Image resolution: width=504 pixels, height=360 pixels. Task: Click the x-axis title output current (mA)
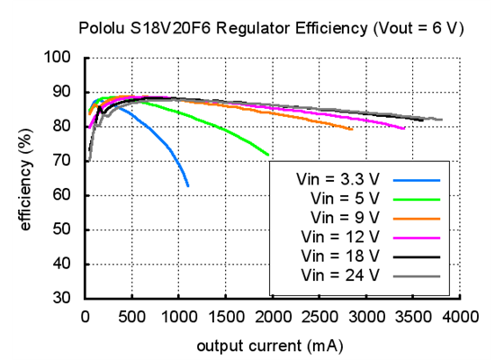(271, 345)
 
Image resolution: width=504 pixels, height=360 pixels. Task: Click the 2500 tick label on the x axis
(319, 317)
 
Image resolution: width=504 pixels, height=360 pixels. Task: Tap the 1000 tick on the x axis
(179, 317)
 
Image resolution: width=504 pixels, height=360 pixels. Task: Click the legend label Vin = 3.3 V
(338, 178)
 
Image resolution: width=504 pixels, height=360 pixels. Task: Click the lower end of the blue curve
(188, 185)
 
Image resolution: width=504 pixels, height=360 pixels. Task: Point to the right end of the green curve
(268, 155)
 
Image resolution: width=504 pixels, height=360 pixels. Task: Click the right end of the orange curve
(352, 130)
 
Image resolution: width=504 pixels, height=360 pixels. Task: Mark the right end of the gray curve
(441, 120)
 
